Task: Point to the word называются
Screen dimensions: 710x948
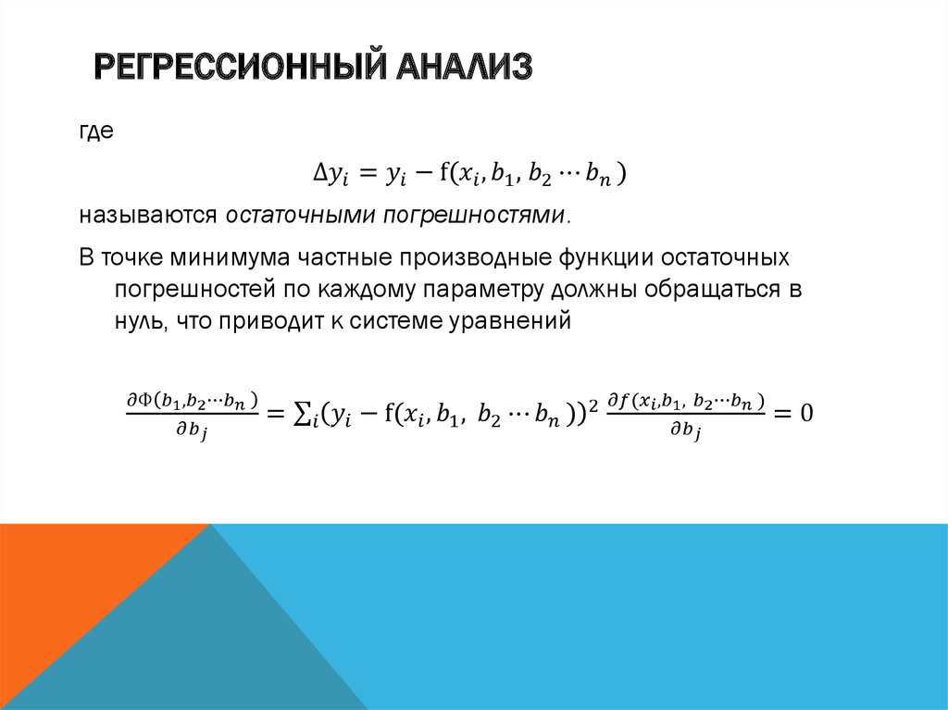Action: (148, 216)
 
